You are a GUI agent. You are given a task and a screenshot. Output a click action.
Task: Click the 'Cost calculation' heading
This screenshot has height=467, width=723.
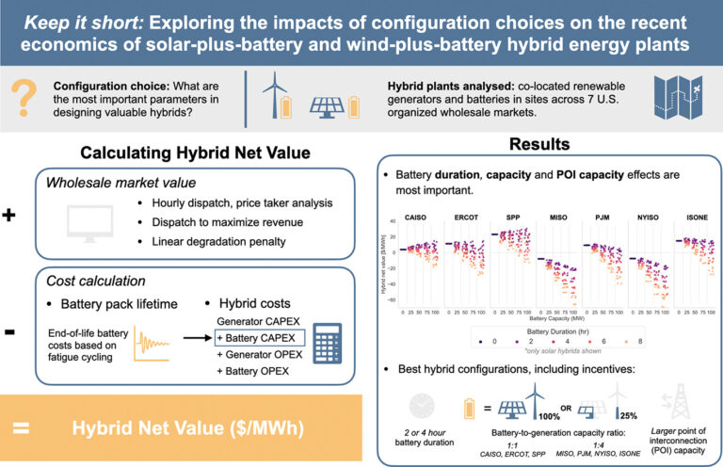pyautogui.click(x=99, y=282)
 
